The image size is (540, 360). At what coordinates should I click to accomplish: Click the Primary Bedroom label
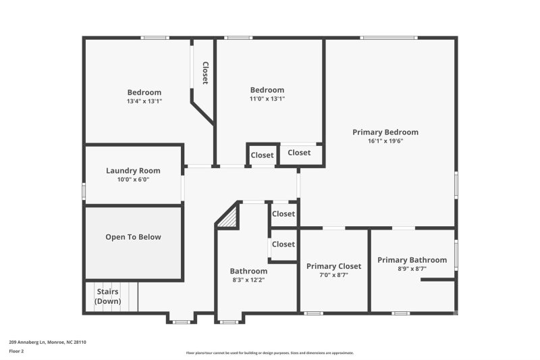coord(385,132)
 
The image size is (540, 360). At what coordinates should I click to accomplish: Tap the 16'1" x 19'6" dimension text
coord(385,142)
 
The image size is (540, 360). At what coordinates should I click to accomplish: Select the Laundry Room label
coord(133,171)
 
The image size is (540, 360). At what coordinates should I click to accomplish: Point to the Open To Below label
coord(133,237)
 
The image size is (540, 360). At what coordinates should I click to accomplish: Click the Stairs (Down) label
coord(108,297)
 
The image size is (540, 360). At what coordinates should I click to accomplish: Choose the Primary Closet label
coord(333,266)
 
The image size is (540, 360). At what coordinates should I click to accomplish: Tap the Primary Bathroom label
coord(412,260)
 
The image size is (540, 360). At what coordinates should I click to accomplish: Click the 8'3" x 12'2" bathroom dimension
coord(248,280)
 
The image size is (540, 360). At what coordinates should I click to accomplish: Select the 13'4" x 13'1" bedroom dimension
coord(144,101)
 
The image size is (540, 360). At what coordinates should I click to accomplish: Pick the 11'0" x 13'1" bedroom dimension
coord(267,99)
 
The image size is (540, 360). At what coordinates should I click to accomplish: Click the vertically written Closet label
coord(205,73)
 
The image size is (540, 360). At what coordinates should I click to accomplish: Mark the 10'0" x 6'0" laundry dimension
coord(133,180)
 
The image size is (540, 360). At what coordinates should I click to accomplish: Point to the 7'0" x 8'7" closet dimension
coord(333,275)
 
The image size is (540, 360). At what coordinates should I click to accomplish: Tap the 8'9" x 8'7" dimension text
coord(412,269)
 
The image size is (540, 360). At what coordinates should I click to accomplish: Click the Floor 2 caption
coord(16,351)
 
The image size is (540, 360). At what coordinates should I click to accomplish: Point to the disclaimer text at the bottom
coord(270,353)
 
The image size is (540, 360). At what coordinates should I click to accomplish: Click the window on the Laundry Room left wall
coord(84,191)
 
